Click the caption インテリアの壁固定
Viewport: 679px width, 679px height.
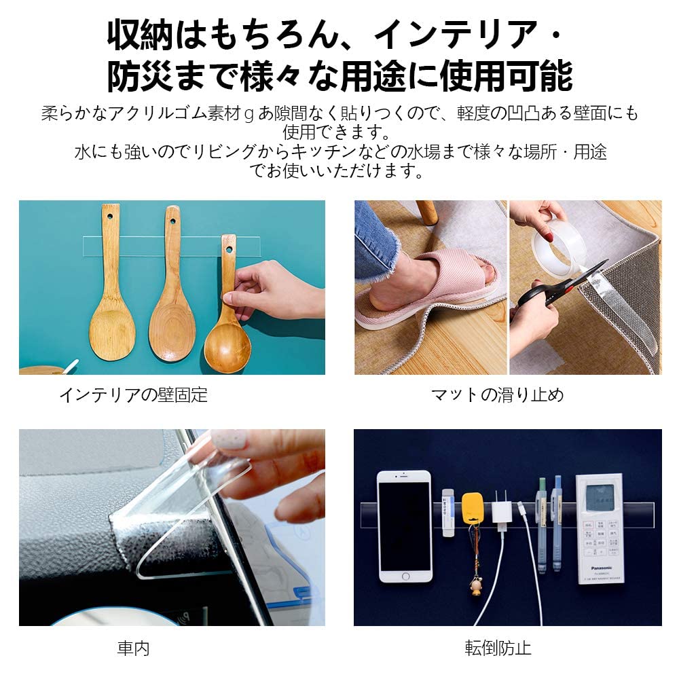click(x=133, y=395)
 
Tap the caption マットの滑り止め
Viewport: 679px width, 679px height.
click(x=497, y=395)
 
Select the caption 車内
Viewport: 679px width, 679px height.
click(x=133, y=648)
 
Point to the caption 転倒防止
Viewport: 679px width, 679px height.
click(x=498, y=648)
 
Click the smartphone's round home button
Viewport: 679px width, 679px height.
click(x=405, y=576)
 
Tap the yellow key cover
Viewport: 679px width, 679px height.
click(x=472, y=510)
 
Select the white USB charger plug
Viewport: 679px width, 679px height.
click(x=502, y=512)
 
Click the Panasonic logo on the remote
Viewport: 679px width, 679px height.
click(x=602, y=568)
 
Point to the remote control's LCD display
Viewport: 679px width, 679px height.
click(x=600, y=497)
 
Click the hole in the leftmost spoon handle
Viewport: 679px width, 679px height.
click(x=110, y=216)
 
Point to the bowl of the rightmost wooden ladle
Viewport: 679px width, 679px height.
click(x=227, y=348)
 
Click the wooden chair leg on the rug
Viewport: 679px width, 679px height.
click(x=426, y=212)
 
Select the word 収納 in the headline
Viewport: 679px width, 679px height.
click(x=141, y=35)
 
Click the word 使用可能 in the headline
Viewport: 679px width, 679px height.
click(x=507, y=77)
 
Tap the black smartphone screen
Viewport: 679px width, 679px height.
click(x=405, y=526)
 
